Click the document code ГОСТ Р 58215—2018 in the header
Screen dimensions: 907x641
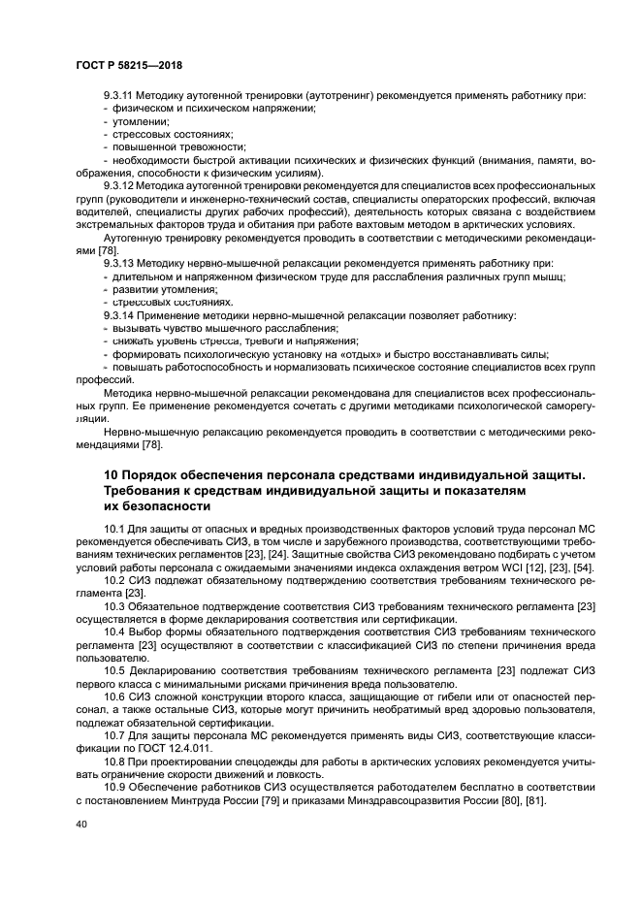pos(128,64)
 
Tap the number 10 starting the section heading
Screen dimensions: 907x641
pos(112,474)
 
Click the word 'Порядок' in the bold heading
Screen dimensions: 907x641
pos(159,474)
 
